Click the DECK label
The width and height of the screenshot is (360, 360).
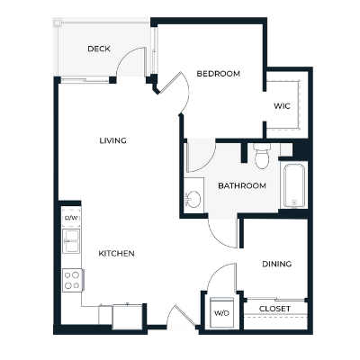click(99, 49)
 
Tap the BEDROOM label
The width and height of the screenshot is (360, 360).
click(218, 74)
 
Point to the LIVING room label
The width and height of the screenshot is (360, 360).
click(112, 140)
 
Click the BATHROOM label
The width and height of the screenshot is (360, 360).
click(242, 186)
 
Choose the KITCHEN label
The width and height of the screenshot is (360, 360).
click(117, 254)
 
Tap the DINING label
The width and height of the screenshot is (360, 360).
click(275, 264)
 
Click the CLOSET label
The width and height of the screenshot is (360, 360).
click(274, 309)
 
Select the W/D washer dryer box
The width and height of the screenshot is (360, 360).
click(220, 314)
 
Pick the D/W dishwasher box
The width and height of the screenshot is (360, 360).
click(71, 218)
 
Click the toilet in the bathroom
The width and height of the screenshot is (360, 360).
click(262, 158)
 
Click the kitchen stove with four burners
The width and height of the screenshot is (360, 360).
click(71, 280)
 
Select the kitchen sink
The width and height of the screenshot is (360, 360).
click(71, 241)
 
